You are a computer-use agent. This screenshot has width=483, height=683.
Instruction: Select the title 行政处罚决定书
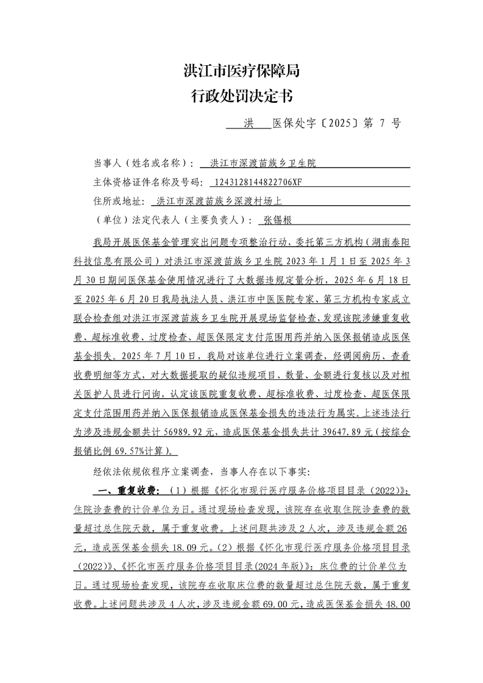tap(241, 96)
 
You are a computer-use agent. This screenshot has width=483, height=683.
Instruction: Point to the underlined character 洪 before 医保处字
tap(248, 123)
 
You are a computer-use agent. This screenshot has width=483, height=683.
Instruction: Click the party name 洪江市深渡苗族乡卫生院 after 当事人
tap(263, 164)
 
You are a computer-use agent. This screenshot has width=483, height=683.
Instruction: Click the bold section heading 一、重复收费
tap(126, 491)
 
